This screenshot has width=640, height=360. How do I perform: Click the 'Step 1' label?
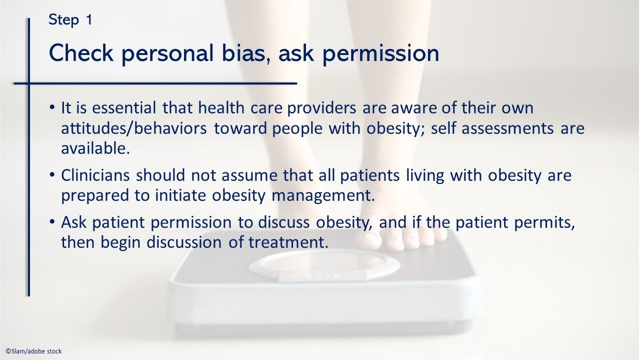[x=70, y=20]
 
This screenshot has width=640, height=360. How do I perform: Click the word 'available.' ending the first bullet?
[x=95, y=148]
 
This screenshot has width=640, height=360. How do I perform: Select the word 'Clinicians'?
[x=96, y=175]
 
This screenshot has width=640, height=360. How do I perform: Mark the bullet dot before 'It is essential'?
[x=52, y=108]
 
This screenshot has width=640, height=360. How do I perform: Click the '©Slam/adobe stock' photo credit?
[x=33, y=351]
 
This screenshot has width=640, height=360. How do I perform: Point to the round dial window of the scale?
[x=324, y=265]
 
